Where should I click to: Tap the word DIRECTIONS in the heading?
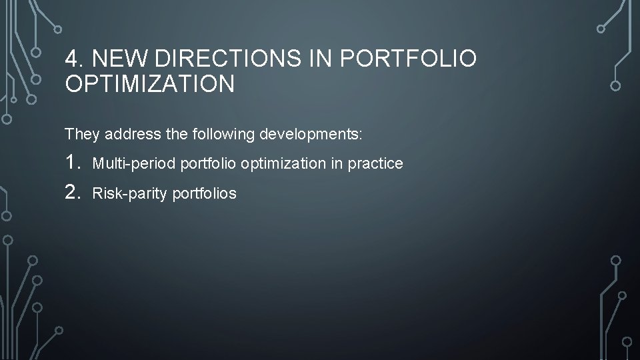pyautogui.click(x=229, y=59)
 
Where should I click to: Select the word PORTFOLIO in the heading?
pyautogui.click(x=408, y=59)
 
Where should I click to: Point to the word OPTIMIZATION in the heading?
pyautogui.click(x=149, y=84)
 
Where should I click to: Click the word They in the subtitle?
pyautogui.click(x=80, y=135)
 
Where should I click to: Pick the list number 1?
pyautogui.click(x=73, y=163)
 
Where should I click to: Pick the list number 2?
pyautogui.click(x=73, y=193)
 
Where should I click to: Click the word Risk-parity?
pyautogui.click(x=129, y=194)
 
